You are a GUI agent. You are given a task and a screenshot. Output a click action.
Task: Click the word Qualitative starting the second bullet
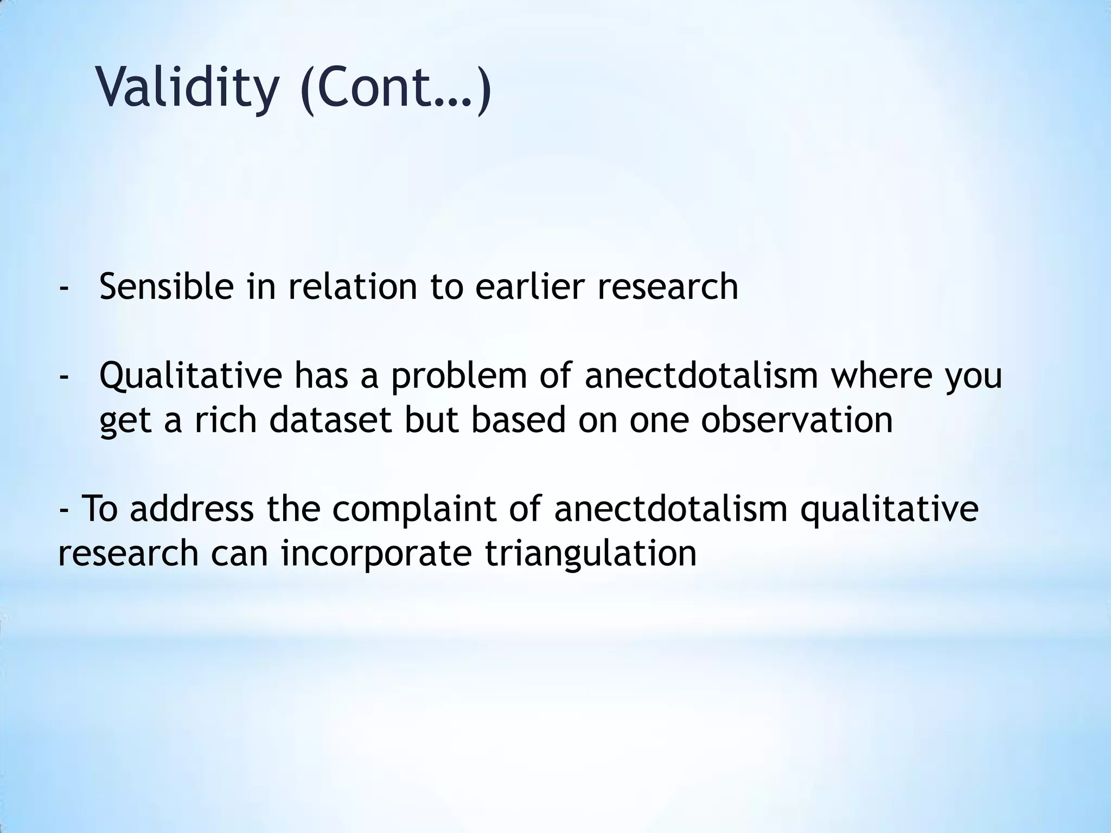coord(190,375)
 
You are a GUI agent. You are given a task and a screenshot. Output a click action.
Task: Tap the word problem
coord(458,375)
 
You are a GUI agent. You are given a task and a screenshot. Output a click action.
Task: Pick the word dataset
coord(330,420)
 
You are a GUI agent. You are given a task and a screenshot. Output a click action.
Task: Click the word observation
coord(796,420)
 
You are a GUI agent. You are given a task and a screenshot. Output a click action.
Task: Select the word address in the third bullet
coord(191,509)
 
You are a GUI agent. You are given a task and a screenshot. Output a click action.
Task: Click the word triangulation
coord(590,553)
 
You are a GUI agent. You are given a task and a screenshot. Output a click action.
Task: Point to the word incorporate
coord(376,553)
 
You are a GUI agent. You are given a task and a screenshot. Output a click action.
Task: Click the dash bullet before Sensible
coord(64,287)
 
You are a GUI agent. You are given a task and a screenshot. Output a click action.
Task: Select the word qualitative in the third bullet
coord(889,509)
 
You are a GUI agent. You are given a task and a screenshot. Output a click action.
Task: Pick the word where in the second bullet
coord(881,375)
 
